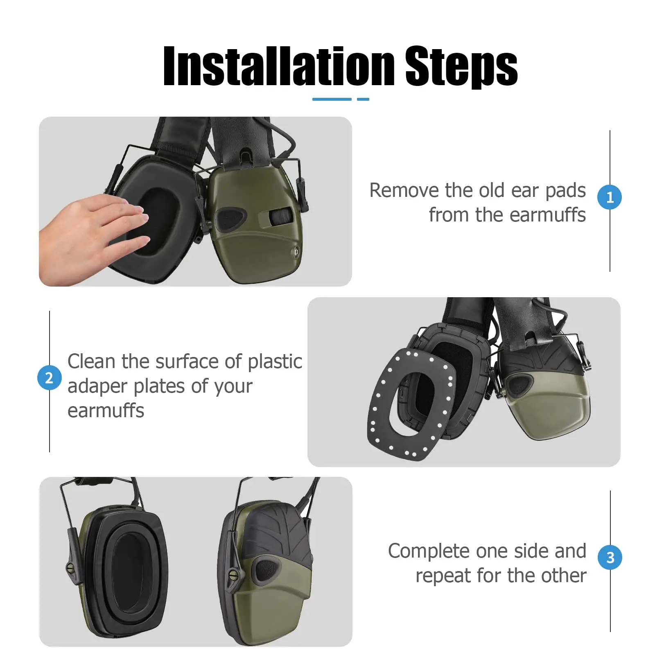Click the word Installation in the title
[x=279, y=66]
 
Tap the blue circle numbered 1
[x=610, y=197]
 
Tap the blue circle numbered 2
[x=49, y=377]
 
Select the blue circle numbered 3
[x=610, y=558]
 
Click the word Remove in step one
[x=404, y=190]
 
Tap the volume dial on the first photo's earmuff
[x=281, y=215]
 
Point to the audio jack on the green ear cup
[x=294, y=252]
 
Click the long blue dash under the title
[x=332, y=99]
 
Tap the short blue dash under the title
[x=363, y=99]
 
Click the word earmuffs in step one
[x=548, y=215]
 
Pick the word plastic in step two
[x=275, y=362]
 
